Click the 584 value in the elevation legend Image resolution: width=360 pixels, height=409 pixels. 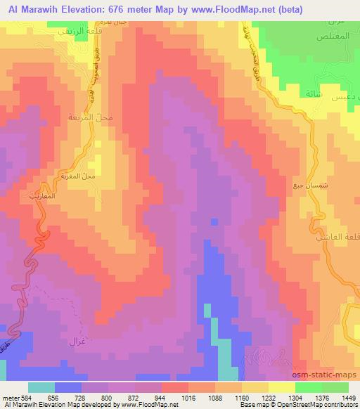click(x=26, y=397)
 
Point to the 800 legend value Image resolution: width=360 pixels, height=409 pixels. click(x=105, y=397)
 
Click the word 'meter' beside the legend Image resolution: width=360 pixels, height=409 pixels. click(x=10, y=397)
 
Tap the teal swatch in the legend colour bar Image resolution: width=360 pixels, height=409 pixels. click(x=41, y=387)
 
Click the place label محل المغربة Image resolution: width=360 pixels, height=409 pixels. click(x=97, y=175)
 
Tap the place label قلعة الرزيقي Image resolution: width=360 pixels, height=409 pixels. click(x=74, y=34)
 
